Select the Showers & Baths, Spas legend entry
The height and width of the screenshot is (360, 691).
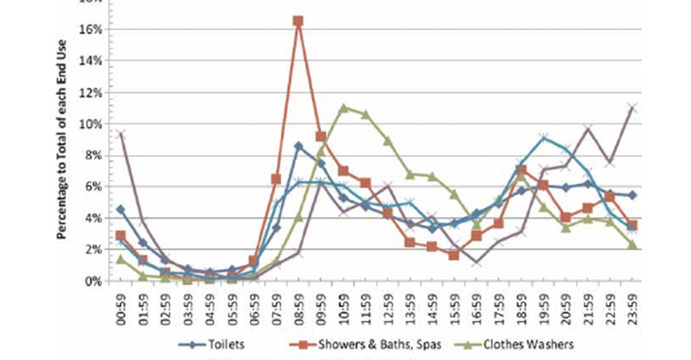point(373,344)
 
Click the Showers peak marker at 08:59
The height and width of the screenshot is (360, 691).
point(298,21)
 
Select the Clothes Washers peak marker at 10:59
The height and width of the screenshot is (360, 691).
point(343,108)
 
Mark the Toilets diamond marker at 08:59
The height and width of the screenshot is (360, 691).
point(298,146)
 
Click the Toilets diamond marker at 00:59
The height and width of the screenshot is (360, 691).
point(121,210)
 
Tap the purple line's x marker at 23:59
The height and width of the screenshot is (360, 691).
point(632,108)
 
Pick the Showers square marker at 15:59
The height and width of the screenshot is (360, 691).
point(454,255)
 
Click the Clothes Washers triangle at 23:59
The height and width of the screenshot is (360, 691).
point(632,245)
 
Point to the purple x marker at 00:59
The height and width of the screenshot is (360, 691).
point(121,135)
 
